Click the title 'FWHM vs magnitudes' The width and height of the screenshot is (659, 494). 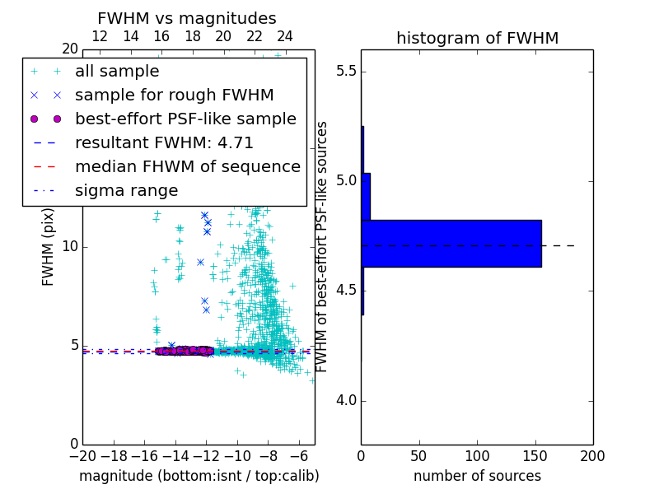tap(187, 18)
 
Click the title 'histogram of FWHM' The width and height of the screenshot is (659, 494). tap(477, 38)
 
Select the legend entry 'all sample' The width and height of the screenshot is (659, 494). tap(117, 72)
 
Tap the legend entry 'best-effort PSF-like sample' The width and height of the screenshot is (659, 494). tap(185, 119)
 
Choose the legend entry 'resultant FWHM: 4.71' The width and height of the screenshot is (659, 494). tap(175, 142)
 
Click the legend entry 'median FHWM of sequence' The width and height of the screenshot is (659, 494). tap(187, 166)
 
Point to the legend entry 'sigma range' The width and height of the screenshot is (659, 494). tap(126, 190)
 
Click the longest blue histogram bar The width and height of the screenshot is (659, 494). tap(451, 244)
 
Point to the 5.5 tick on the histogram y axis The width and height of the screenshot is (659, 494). tap(347, 72)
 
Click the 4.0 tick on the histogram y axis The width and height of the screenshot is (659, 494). tap(347, 401)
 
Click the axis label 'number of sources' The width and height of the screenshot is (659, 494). tap(477, 476)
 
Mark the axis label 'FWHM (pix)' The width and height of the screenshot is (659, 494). tap(49, 246)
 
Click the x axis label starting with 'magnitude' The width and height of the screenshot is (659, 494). tap(199, 476)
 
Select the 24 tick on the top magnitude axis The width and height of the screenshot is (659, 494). tap(285, 36)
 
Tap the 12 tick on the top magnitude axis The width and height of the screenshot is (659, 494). tap(100, 36)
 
